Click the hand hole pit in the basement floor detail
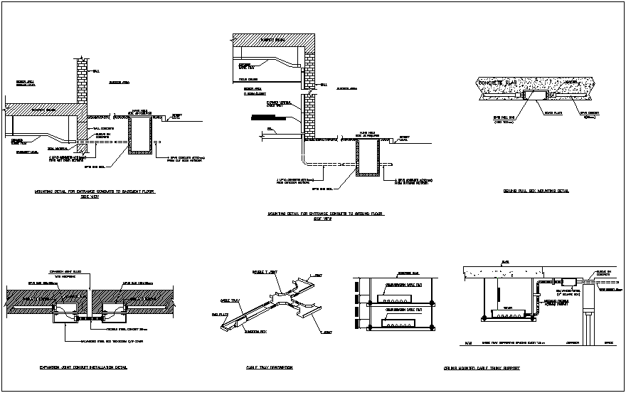pos(139,135)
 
